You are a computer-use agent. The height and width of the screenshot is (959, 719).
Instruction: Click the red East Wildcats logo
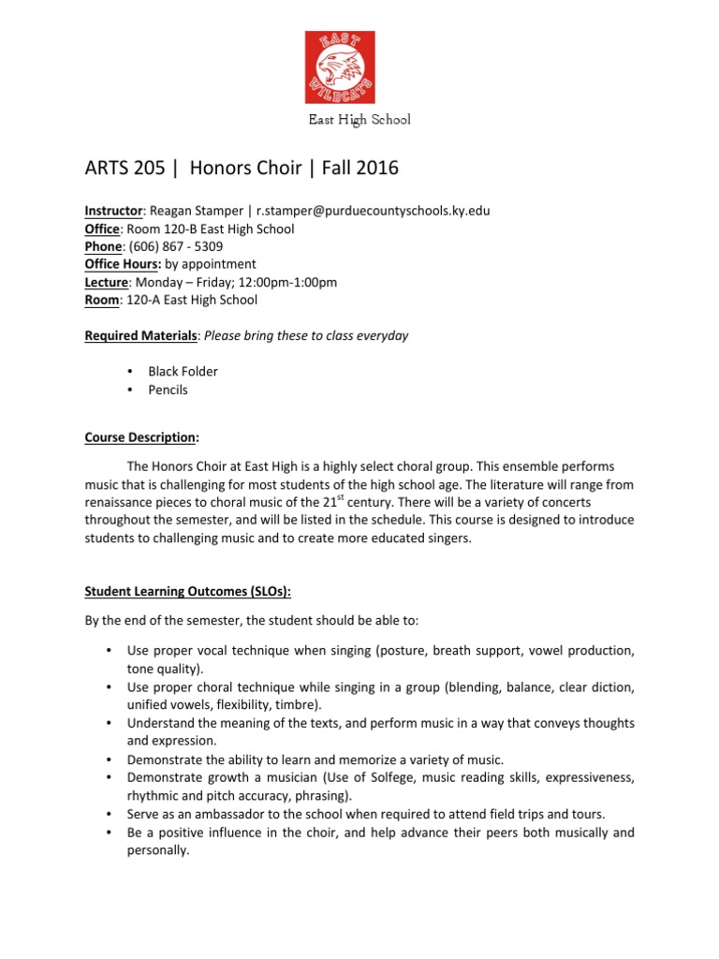[x=340, y=66]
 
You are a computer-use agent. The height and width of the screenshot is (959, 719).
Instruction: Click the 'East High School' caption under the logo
[x=359, y=120]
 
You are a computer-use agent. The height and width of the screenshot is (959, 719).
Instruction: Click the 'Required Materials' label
[x=141, y=335]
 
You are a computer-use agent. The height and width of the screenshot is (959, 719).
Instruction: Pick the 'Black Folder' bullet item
[x=183, y=372]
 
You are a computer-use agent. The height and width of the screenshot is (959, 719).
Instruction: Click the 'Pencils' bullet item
[x=168, y=390]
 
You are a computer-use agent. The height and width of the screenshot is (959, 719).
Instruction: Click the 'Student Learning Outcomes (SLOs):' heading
[x=188, y=591]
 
